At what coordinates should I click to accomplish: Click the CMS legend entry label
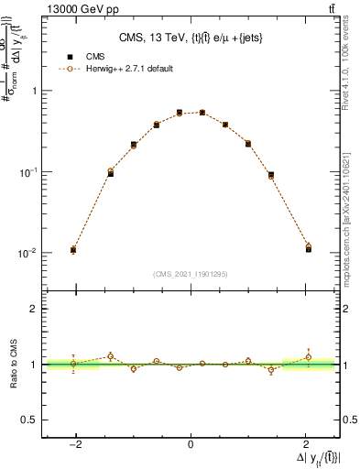[94, 57]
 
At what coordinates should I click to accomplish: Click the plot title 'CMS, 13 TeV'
[191, 38]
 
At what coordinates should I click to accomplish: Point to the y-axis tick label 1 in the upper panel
[33, 91]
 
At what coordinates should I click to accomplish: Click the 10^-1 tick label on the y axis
[28, 172]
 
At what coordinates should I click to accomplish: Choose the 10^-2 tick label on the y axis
[28, 253]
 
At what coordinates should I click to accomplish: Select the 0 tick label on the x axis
[191, 446]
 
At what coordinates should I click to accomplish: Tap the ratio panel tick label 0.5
[29, 420]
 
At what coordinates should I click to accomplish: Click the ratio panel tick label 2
[33, 309]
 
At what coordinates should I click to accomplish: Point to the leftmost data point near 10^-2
[73, 249]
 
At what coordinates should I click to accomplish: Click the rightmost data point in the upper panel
[309, 247]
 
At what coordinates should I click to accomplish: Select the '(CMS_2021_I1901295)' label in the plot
[191, 274]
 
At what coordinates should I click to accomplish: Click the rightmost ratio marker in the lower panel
[309, 357]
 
